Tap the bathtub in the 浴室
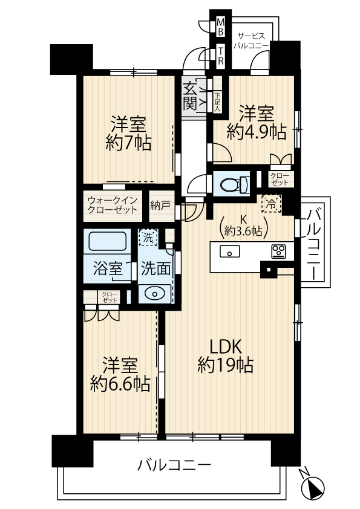click(x=107, y=241)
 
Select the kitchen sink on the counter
click(x=230, y=251)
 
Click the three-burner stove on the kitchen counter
click(x=278, y=251)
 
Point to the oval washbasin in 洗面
click(x=154, y=294)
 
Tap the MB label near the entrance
click(x=221, y=27)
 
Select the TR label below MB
click(x=221, y=56)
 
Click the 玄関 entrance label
click(x=190, y=96)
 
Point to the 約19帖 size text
click(x=226, y=366)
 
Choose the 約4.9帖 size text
click(x=257, y=132)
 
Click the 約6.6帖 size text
click(x=120, y=384)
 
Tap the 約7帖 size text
click(x=128, y=143)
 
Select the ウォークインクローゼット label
click(x=113, y=205)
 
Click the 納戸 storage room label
click(x=160, y=205)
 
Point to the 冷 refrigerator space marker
click(x=270, y=204)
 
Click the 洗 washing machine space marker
click(x=148, y=238)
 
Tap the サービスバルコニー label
click(x=251, y=41)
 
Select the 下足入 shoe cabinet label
click(x=217, y=102)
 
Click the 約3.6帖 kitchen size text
click(x=243, y=231)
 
